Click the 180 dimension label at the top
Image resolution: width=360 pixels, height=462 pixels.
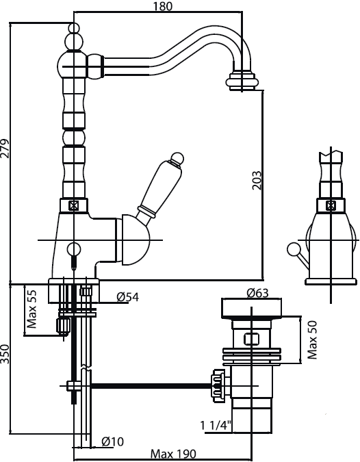163,6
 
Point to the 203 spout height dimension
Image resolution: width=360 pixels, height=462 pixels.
257,180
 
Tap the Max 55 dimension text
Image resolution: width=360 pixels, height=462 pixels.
31,309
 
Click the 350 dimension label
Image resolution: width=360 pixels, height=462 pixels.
5,358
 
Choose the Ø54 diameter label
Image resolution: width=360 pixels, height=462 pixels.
127,296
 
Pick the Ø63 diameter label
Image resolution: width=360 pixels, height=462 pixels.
257,293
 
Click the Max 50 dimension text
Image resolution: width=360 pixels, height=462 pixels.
312,339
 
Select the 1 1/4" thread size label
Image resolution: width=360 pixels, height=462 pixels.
216,426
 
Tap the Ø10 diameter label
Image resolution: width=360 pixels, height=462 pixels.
112,441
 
